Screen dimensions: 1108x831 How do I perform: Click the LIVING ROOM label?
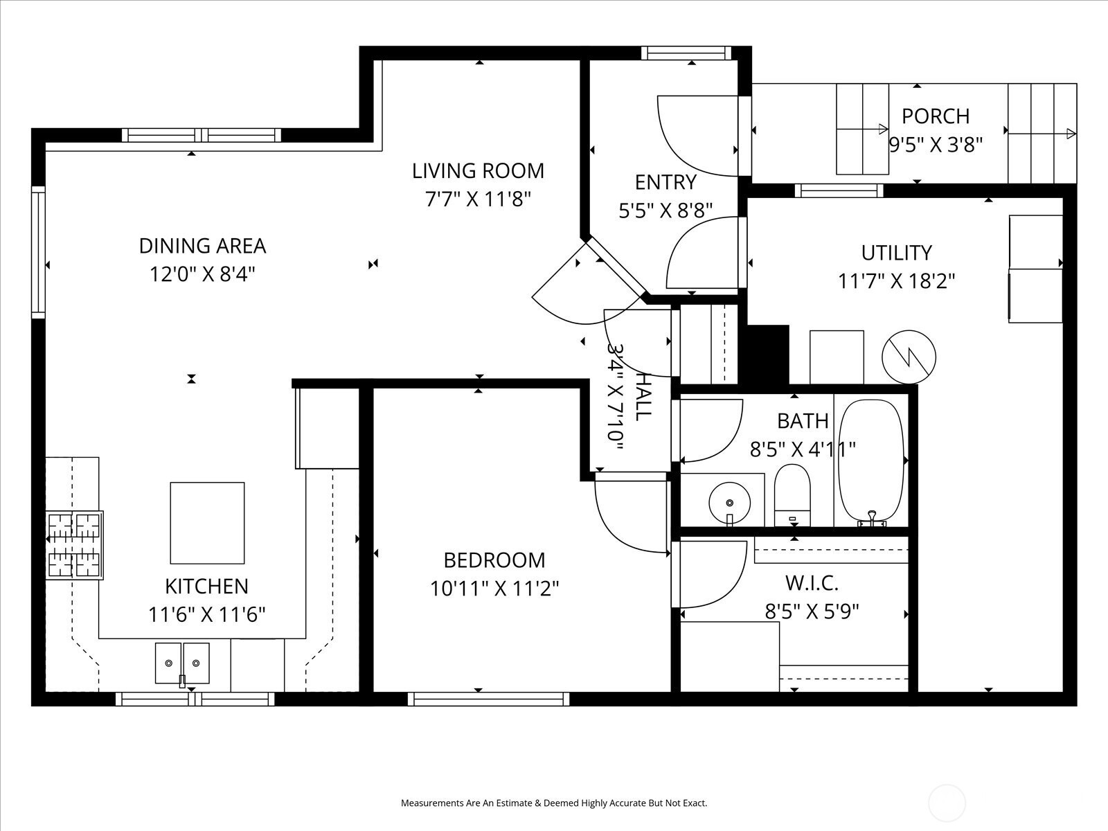point(478,171)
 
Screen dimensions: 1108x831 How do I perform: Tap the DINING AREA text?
point(202,246)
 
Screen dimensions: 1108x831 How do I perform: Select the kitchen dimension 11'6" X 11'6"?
point(206,614)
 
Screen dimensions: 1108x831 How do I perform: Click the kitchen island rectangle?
point(207,523)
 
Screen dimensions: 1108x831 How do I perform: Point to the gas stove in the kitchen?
point(74,545)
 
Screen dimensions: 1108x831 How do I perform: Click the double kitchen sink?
point(182,663)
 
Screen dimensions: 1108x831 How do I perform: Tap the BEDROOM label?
point(494,560)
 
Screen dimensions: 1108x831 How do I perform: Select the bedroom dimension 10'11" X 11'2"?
point(494,589)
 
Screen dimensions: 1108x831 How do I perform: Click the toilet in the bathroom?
point(792,495)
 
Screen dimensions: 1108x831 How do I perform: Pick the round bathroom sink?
point(729,503)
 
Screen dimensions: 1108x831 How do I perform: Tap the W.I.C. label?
point(812,583)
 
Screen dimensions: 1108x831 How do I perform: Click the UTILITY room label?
point(896,253)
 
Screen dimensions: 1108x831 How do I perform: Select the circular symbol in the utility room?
point(909,357)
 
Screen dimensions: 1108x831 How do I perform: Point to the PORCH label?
point(936,116)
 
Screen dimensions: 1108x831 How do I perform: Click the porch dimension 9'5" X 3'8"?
point(936,145)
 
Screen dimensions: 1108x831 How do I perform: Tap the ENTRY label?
point(665,182)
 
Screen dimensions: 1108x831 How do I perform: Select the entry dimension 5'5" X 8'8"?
point(665,211)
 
